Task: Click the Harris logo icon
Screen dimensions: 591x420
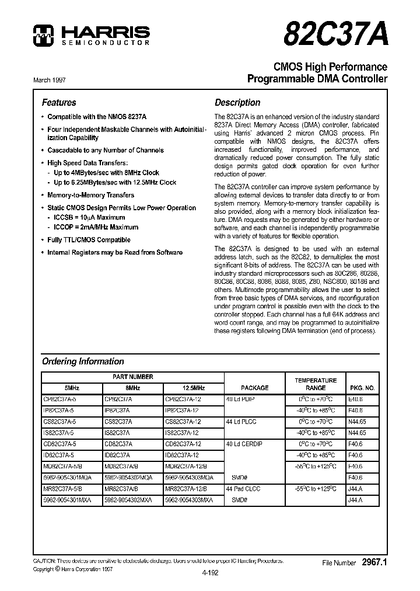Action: [x=42, y=35]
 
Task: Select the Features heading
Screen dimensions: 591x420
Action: [x=59, y=102]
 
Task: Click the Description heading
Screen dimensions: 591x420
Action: [x=237, y=102]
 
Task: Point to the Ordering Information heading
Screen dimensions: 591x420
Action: [x=83, y=361]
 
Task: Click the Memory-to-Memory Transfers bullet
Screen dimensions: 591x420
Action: [x=90, y=195]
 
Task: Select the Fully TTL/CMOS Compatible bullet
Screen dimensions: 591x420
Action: [x=89, y=239]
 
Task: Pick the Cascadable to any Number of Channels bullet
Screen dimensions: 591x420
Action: [x=105, y=150]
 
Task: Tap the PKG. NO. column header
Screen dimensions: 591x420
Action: [x=362, y=388]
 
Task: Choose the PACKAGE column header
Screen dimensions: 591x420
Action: [x=254, y=388]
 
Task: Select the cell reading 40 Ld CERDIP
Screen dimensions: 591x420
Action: [x=245, y=443]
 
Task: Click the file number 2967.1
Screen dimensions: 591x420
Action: [x=374, y=562]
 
